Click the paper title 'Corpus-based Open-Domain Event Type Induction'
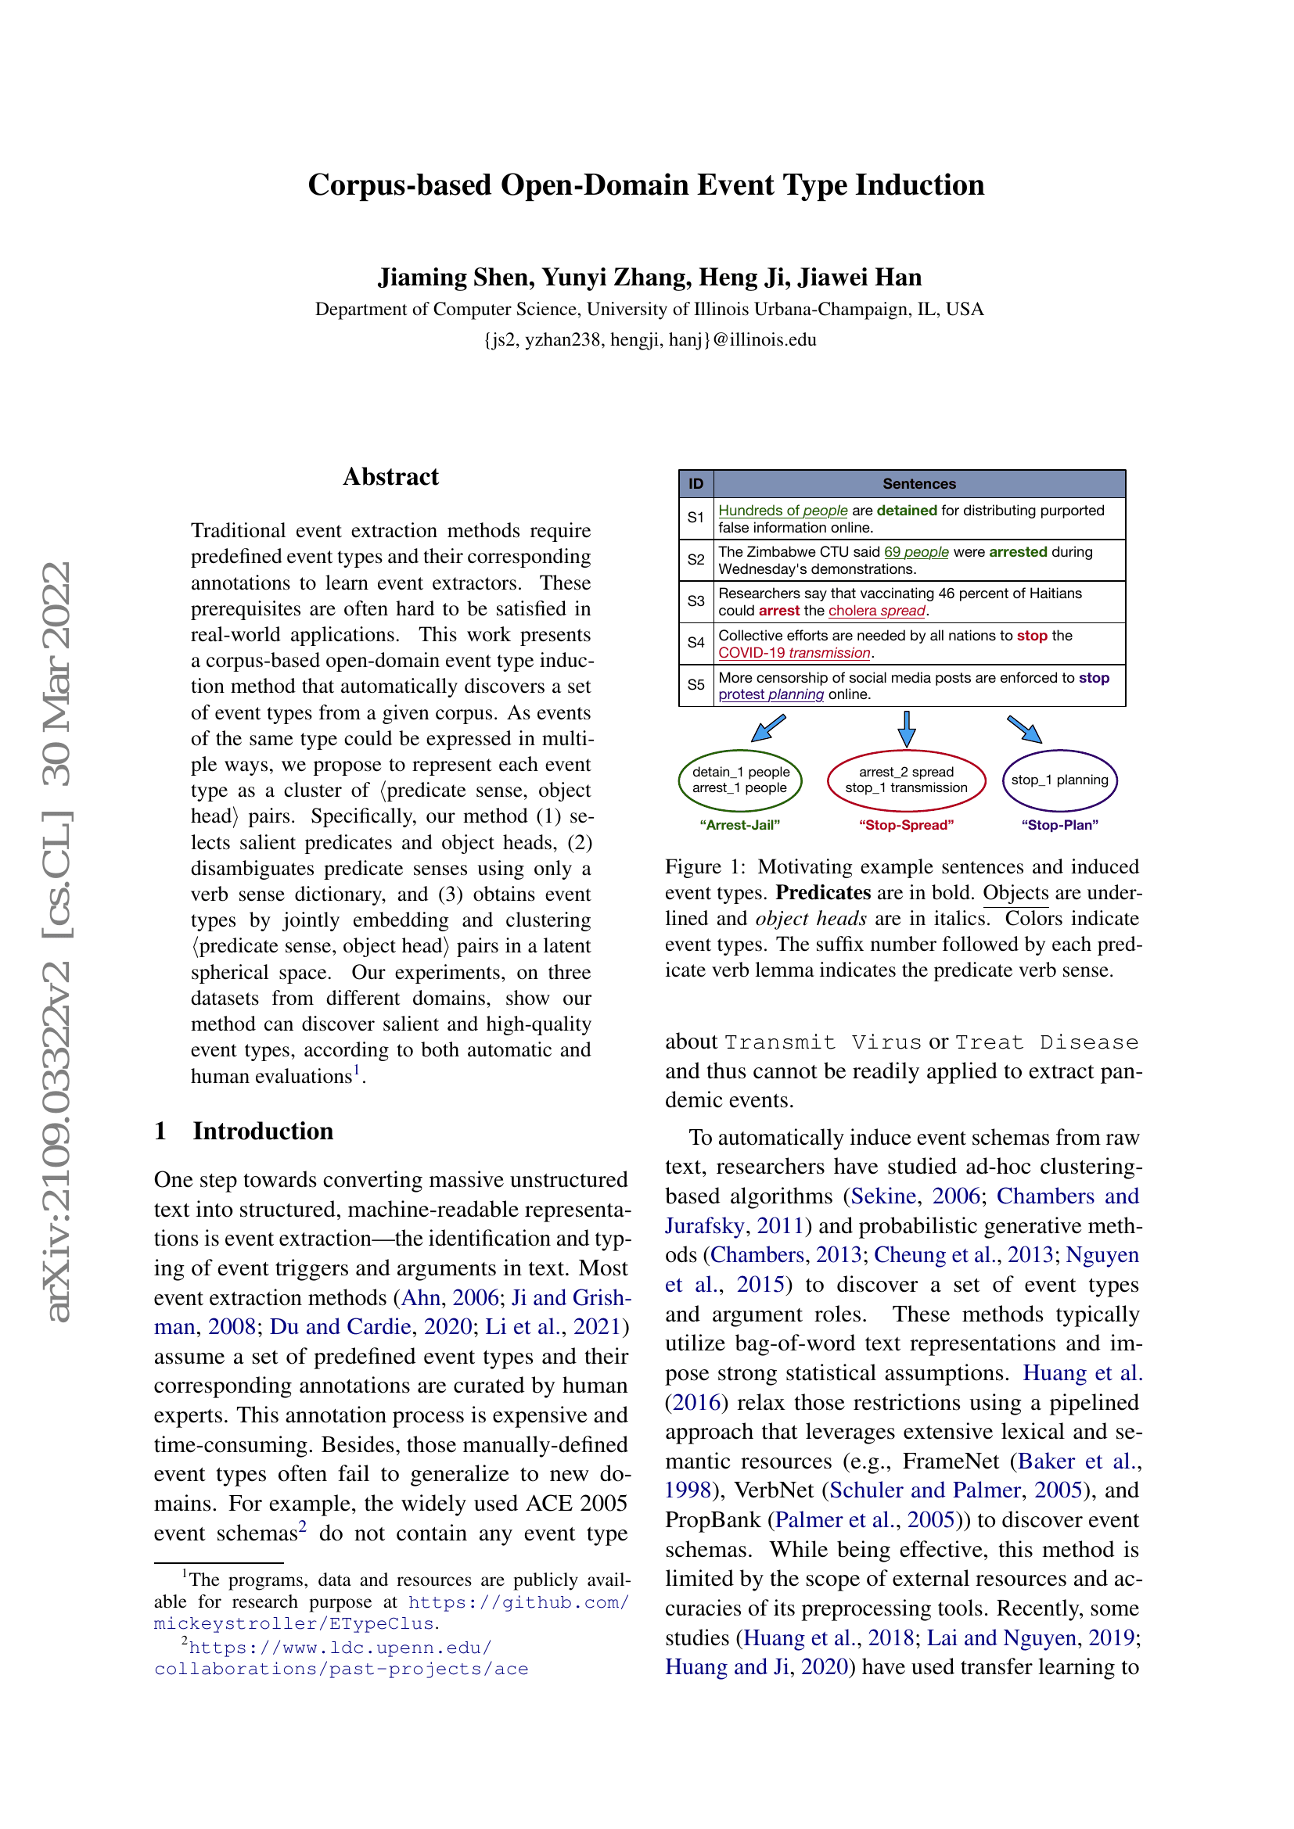(x=645, y=185)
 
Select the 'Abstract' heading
(x=390, y=476)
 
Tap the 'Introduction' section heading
(x=262, y=1131)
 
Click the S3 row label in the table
(x=696, y=601)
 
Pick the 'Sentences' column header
(x=918, y=483)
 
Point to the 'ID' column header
(x=696, y=483)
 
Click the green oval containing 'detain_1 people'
(x=740, y=780)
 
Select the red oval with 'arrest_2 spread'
(x=906, y=780)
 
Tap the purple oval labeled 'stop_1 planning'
(x=1059, y=780)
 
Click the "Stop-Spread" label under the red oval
(x=906, y=825)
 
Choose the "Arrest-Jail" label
(x=739, y=825)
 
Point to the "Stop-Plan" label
(x=1059, y=825)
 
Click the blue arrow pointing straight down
(x=906, y=728)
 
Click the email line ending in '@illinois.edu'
(x=649, y=340)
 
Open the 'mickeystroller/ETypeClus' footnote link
(x=294, y=1623)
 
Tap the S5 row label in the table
(x=696, y=685)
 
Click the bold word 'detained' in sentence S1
(x=907, y=511)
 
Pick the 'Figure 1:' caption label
(x=705, y=866)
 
